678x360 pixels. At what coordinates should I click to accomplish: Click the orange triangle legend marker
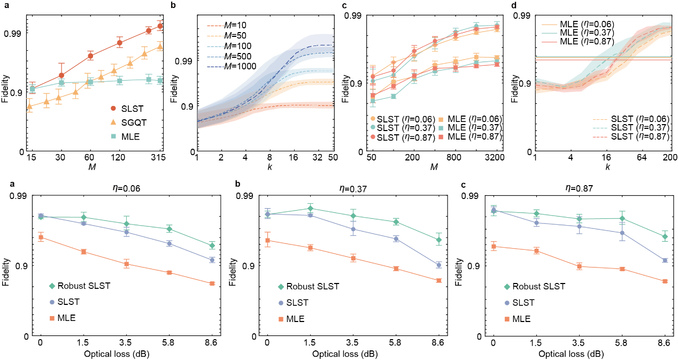[113, 122]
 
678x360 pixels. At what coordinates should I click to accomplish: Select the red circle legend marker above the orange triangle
[113, 108]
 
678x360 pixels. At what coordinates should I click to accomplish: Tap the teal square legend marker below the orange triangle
[113, 136]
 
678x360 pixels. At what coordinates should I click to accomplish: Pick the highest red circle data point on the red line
[160, 26]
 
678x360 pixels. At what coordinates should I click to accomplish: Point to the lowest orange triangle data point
[29, 106]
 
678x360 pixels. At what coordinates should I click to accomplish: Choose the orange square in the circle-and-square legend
[441, 119]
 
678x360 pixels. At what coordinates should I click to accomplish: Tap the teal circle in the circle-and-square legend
[373, 127]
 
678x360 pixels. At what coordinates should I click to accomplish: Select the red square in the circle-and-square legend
[441, 137]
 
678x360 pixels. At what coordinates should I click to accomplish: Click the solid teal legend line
[549, 33]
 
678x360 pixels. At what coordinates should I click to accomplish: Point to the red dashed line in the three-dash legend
[600, 137]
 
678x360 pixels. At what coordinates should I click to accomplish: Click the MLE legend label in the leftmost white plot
[66, 318]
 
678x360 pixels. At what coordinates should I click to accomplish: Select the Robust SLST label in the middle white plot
[312, 286]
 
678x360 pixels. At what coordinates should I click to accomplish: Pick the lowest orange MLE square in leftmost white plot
[212, 284]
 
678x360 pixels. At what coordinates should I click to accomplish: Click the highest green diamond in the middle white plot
[310, 208]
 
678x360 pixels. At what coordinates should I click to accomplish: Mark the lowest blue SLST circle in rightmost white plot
[665, 261]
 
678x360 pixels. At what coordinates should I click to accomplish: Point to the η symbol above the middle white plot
[342, 188]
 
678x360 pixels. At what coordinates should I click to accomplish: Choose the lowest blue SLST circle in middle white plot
[439, 265]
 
